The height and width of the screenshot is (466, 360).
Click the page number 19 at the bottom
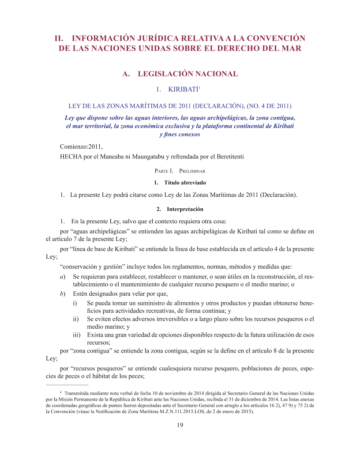(x=180, y=425)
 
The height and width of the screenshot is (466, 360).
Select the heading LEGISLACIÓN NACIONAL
(x=188, y=74)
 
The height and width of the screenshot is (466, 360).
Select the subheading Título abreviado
(x=185, y=183)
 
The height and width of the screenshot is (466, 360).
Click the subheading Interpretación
(x=185, y=209)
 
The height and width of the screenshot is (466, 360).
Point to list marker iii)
(x=77, y=335)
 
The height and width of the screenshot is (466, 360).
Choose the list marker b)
(x=63, y=293)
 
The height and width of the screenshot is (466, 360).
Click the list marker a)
(x=63, y=276)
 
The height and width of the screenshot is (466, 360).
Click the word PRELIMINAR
(x=190, y=170)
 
